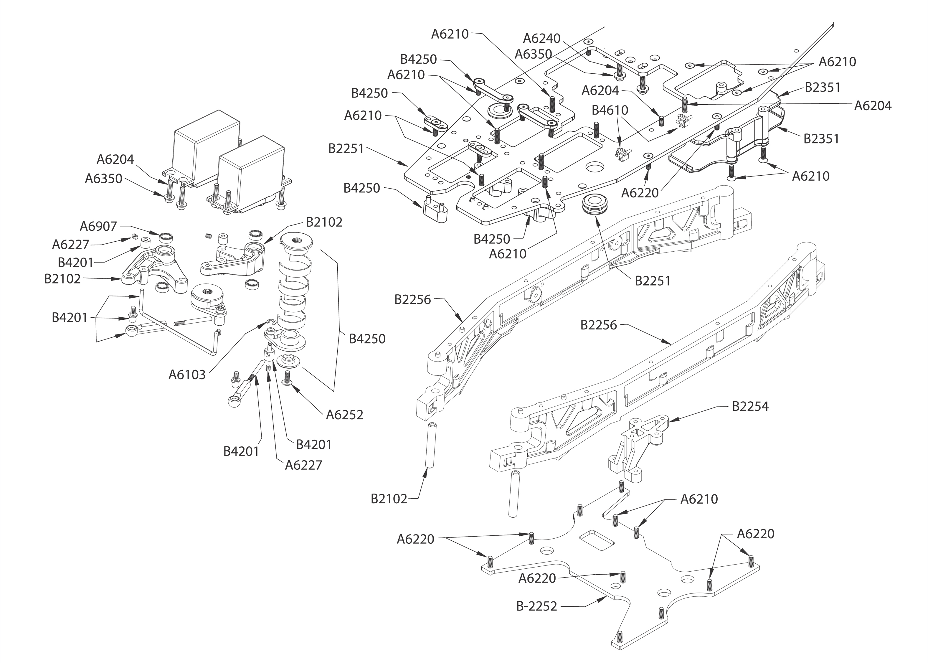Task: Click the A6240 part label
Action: (x=541, y=38)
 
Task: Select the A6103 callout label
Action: (x=187, y=374)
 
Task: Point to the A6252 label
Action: (x=344, y=415)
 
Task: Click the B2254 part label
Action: (x=750, y=406)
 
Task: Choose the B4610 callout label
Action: (x=610, y=110)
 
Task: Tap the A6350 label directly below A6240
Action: (x=533, y=54)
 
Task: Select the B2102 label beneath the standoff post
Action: (x=389, y=499)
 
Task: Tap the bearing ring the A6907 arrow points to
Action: (x=166, y=237)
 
